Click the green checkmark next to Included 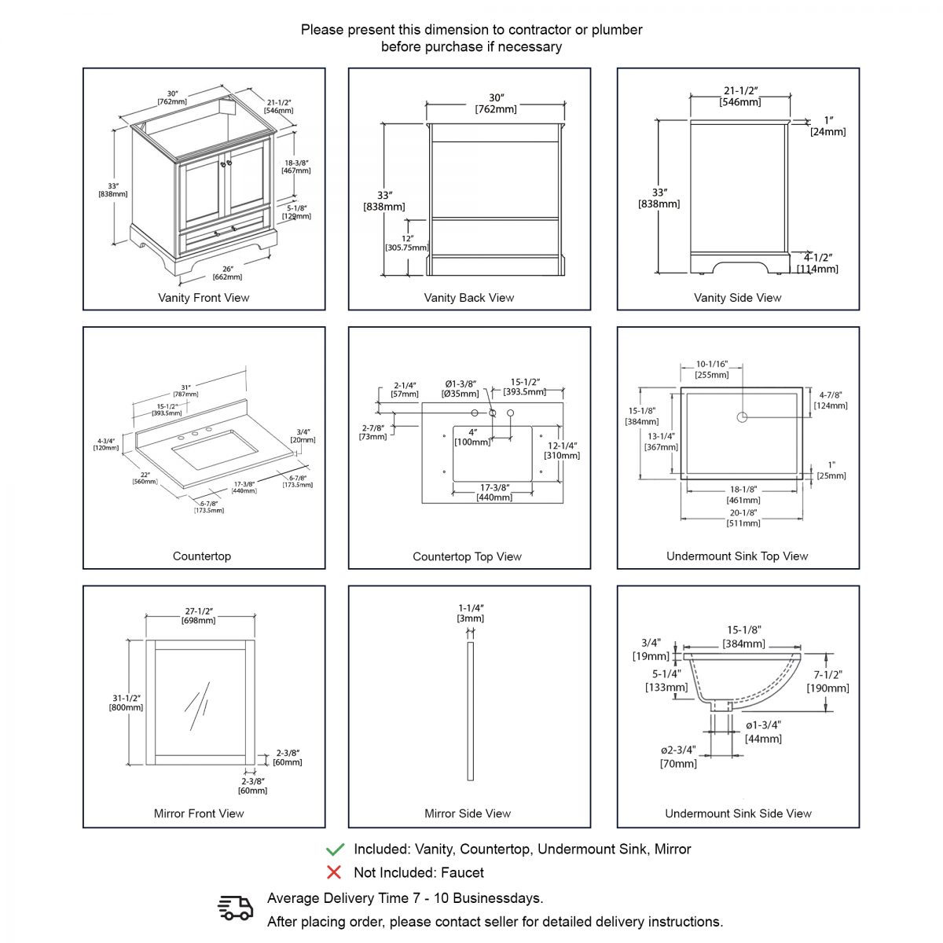coord(335,849)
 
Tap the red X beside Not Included coord(334,872)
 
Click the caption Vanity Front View coord(204,298)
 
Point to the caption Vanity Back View coord(469,298)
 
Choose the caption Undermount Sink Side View coord(738,813)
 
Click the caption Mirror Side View coord(468,813)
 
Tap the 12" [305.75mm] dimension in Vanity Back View coord(407,243)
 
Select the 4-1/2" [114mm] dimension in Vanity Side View coord(817,263)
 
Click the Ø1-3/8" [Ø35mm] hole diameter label coord(460,389)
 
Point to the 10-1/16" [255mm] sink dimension coord(712,369)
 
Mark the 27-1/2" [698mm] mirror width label coord(199,615)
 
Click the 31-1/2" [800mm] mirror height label coord(126,703)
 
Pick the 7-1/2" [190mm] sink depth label coord(827,681)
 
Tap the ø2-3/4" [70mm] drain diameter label coord(678,757)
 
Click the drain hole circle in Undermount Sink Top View coord(741,417)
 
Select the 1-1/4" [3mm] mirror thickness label coord(471,613)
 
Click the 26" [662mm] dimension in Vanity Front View coord(227,273)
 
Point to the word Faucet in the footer coord(462,872)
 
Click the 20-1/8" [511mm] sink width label coord(743,518)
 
